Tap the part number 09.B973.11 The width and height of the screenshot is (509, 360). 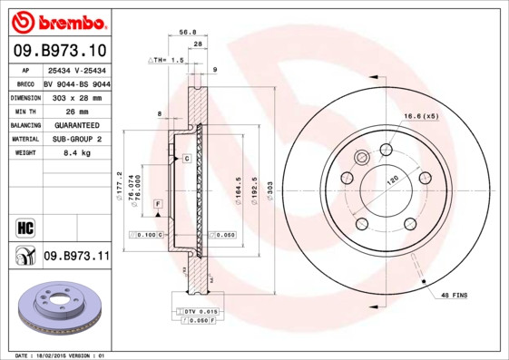point(75,258)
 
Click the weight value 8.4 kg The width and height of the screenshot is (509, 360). point(75,153)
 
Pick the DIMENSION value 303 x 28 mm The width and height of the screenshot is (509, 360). point(75,96)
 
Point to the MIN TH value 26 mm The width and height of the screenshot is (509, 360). point(75,111)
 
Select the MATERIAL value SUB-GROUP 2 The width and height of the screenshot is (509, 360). point(75,139)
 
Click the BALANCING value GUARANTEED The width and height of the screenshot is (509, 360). point(75,125)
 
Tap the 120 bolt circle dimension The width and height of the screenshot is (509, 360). point(393,180)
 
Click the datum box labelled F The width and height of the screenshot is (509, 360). point(158,205)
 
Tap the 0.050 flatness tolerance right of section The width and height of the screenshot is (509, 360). point(226,235)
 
